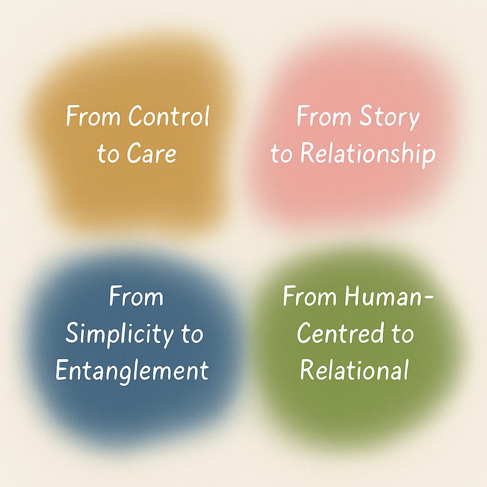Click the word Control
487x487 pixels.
(169, 117)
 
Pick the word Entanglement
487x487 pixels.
(132, 370)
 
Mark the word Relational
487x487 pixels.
(354, 370)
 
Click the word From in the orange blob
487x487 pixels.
(94, 117)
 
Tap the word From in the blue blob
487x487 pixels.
(136, 298)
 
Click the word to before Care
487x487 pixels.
(107, 154)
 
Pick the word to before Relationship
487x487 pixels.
(281, 154)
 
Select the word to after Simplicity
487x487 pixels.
(192, 335)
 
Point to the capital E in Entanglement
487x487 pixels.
(62, 370)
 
